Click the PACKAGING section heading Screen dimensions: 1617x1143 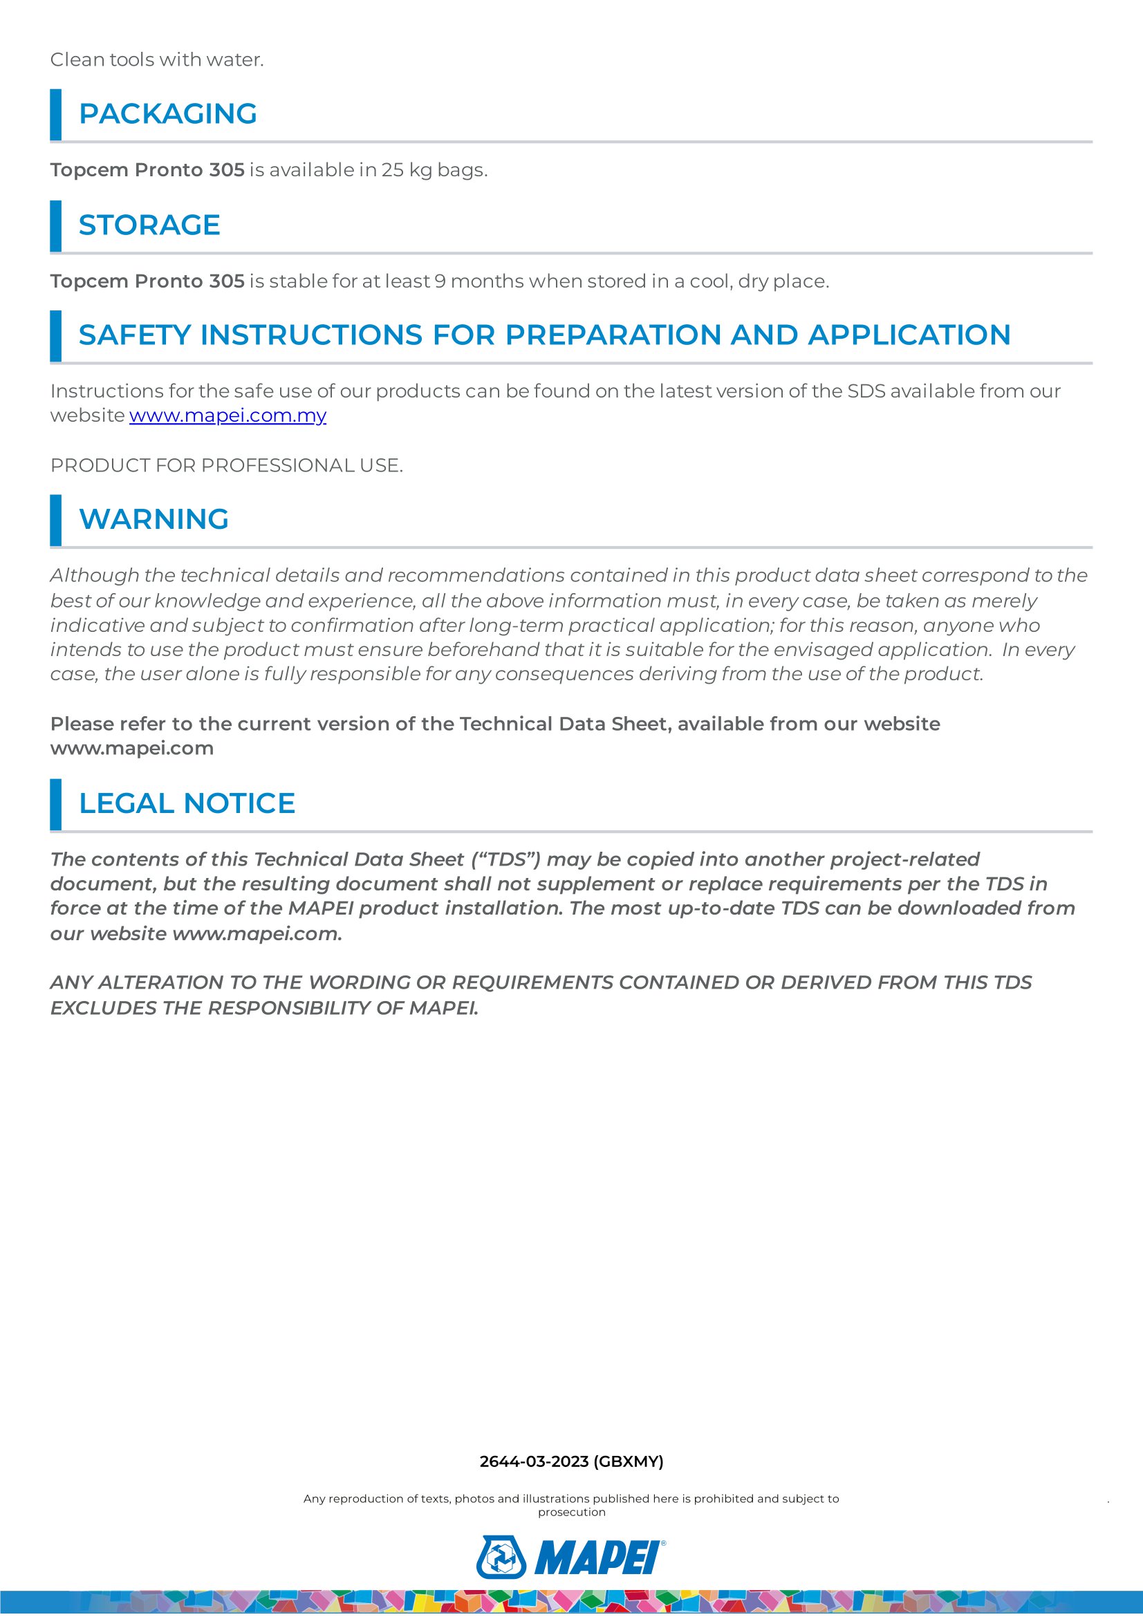pos(167,114)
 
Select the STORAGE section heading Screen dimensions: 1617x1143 pos(149,225)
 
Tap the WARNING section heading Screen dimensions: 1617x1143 pos(154,519)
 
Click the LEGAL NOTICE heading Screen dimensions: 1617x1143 pos(187,803)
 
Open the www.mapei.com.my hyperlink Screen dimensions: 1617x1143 pos(227,415)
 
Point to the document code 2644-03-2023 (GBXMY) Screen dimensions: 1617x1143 pos(571,1461)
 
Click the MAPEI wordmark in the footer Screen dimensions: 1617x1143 pos(598,1558)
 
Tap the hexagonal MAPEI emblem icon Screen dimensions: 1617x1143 pos(501,1557)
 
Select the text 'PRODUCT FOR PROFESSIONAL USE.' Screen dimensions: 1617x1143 pos(227,465)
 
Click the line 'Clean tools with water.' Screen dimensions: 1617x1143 pos(157,60)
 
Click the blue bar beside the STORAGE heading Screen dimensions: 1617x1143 pos(55,226)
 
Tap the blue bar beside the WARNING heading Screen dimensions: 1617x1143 pos(55,521)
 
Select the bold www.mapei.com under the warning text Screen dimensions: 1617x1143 pos(131,748)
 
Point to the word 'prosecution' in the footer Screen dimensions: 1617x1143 pos(571,1512)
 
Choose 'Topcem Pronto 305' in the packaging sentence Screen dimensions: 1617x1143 pos(147,171)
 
